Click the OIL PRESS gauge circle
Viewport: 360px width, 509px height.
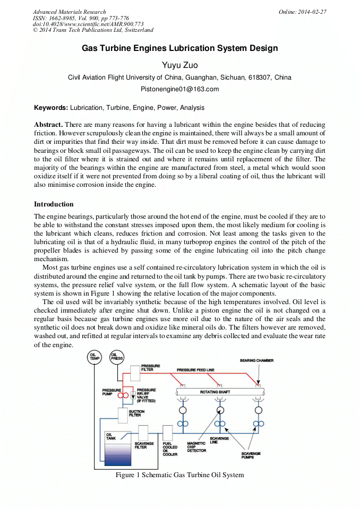click(x=117, y=358)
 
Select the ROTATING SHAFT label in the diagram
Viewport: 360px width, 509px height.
click(x=215, y=392)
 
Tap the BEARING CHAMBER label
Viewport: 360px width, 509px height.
click(x=256, y=361)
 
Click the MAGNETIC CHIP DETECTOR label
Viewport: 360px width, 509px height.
click(x=196, y=447)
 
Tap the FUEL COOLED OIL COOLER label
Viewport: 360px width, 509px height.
click(x=170, y=449)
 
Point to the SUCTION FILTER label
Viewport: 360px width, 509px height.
click(x=136, y=413)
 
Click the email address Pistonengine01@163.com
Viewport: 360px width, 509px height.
click(x=179, y=89)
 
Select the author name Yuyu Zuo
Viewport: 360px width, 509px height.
click(x=179, y=65)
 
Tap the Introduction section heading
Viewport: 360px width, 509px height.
click(x=54, y=204)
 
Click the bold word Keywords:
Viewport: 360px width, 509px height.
click(x=51, y=108)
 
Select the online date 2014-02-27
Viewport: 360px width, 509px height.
click(x=311, y=12)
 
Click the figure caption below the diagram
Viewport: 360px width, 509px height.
click(x=179, y=475)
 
